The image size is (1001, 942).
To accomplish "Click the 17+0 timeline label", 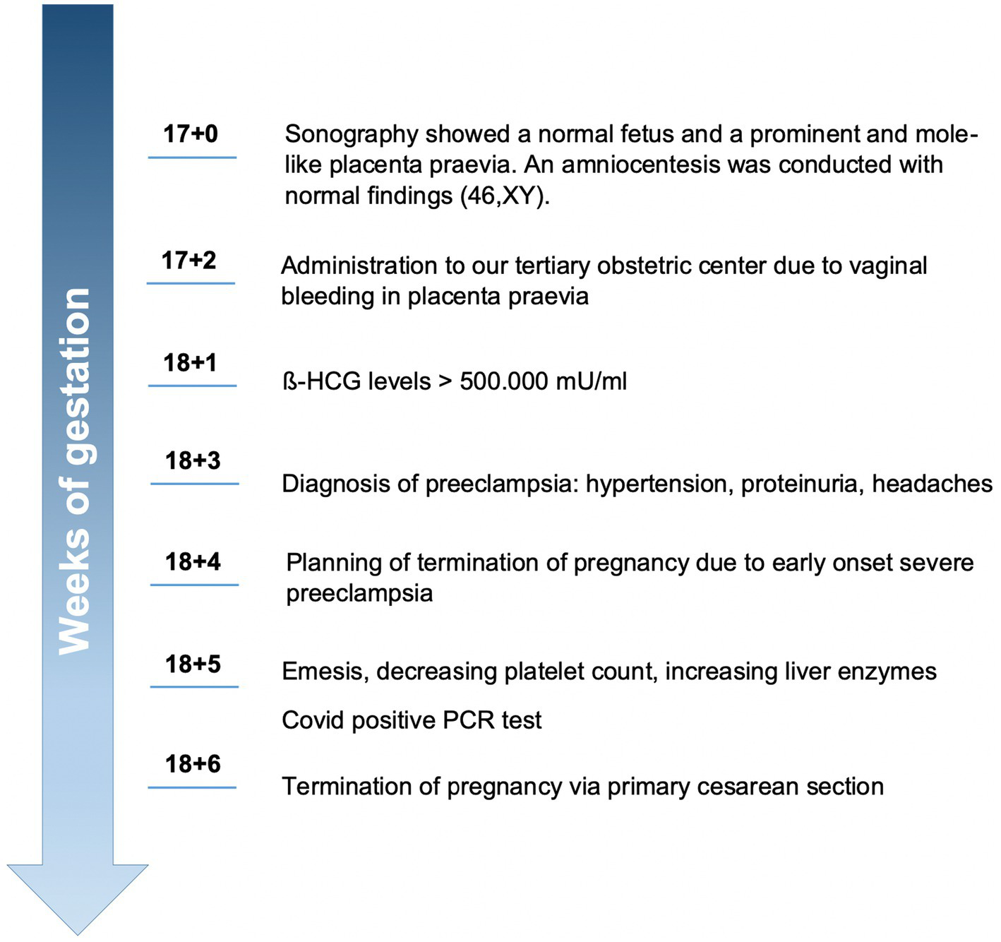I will point(191,133).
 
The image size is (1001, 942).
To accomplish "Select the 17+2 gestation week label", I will point(188,261).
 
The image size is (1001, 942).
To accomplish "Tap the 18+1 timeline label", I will point(190,363).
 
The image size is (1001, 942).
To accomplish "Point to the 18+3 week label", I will point(193,461).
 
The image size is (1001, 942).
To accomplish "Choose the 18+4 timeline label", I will point(193,562).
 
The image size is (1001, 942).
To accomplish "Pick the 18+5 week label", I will point(193,664).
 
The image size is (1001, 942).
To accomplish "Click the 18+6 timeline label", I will point(193,764).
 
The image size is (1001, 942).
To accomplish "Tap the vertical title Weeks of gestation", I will point(76,471).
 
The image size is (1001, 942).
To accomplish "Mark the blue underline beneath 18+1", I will point(192,386).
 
